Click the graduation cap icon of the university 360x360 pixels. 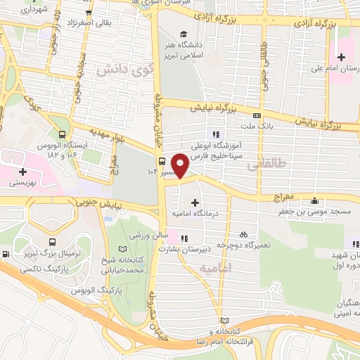pos(184,34)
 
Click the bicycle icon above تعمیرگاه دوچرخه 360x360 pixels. pos(243,233)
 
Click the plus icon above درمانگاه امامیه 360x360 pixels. pos(194,202)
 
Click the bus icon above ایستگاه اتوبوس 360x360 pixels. pos(63,134)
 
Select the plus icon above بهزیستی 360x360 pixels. pos(22,171)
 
